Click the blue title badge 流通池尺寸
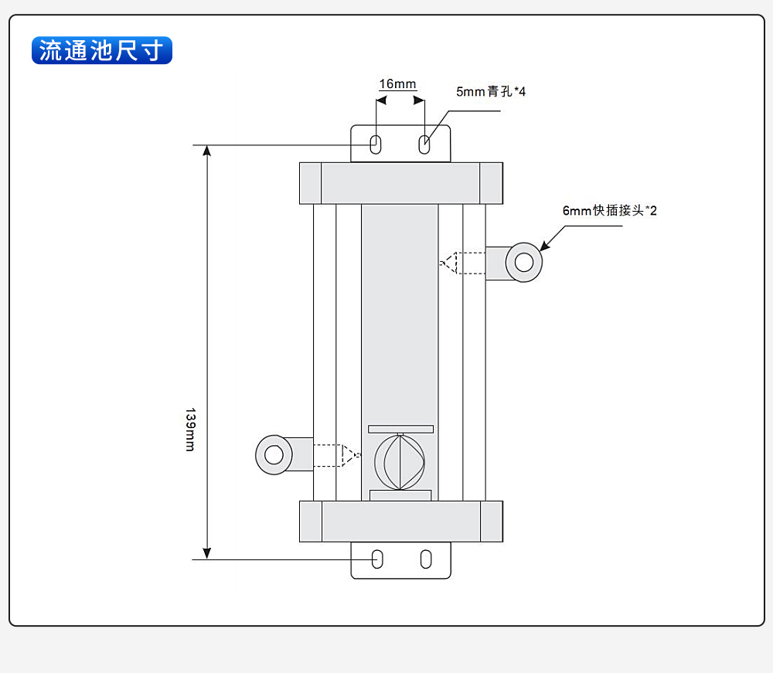point(101,50)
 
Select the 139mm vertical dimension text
point(190,430)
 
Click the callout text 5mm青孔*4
point(490,92)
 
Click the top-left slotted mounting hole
point(376,144)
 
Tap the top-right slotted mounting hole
point(424,144)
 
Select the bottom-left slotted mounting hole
point(377,559)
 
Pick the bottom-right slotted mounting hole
point(426,559)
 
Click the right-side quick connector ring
point(524,262)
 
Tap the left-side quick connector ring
point(274,455)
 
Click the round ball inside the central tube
point(400,461)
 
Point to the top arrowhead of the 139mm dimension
point(207,150)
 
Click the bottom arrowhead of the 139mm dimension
point(207,552)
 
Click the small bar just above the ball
point(400,429)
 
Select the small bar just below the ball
point(400,495)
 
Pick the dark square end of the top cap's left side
point(311,183)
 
